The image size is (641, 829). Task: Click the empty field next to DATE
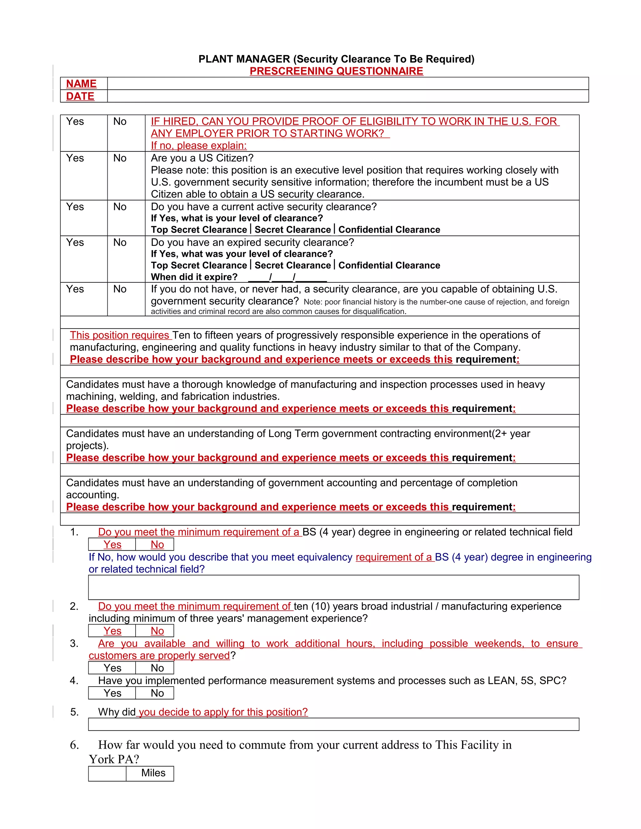click(347, 96)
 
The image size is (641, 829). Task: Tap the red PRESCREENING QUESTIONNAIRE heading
click(336, 71)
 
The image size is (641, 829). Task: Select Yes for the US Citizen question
click(75, 158)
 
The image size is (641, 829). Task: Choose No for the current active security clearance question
click(120, 207)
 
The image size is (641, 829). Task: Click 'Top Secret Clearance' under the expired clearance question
click(199, 265)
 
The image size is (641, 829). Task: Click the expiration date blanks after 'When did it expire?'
click(287, 277)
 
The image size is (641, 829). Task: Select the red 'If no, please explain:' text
click(199, 145)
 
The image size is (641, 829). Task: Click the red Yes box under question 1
click(112, 544)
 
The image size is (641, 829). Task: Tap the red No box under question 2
click(157, 631)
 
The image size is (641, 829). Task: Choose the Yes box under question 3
click(112, 668)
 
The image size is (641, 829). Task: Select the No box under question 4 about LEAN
click(157, 693)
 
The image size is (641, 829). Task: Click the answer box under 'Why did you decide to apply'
click(333, 724)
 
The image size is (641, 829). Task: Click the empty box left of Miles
click(107, 774)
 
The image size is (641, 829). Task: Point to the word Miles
click(153, 773)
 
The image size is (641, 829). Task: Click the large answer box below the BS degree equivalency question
click(333, 587)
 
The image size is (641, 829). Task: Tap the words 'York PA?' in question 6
click(114, 759)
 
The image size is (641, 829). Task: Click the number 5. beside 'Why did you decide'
click(74, 712)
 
